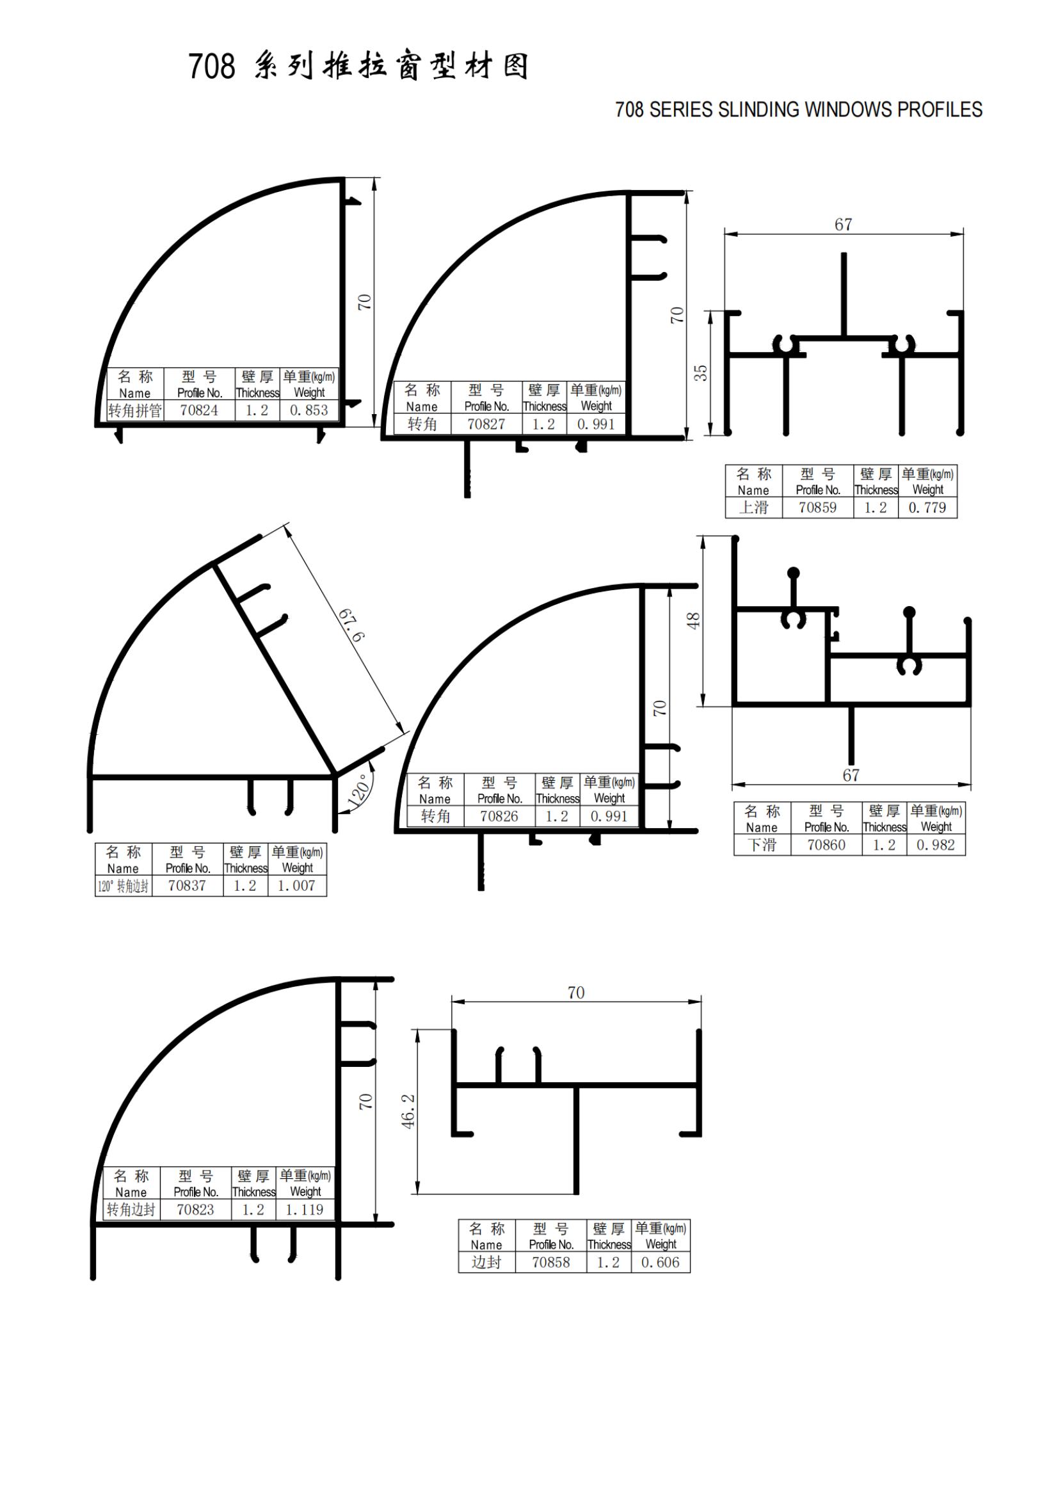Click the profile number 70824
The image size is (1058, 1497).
(x=199, y=410)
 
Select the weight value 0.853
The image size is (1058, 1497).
(x=309, y=410)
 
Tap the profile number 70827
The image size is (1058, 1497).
(x=486, y=424)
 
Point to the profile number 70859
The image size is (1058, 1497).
(x=817, y=508)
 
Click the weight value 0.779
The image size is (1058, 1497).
(x=927, y=508)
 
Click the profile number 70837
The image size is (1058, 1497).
(x=187, y=885)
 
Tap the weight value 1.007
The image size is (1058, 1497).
(x=296, y=885)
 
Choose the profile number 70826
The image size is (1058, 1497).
(x=499, y=815)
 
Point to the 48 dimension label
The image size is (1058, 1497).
(x=694, y=620)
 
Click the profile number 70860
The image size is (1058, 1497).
(x=826, y=844)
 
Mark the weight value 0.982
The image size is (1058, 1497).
(x=936, y=844)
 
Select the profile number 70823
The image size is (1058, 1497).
(x=195, y=1210)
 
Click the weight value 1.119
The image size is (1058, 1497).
(x=305, y=1210)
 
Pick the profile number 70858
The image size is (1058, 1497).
(x=551, y=1261)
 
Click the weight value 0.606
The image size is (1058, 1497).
(x=661, y=1261)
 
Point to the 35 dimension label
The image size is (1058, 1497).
(x=700, y=373)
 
